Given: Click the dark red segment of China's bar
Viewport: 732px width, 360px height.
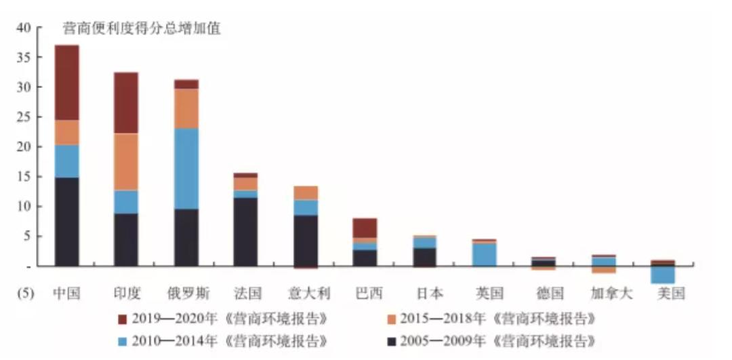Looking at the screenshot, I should (x=67, y=83).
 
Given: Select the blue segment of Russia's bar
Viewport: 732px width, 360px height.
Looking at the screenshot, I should (x=186, y=168).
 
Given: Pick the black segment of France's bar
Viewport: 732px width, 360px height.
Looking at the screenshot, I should (x=245, y=231).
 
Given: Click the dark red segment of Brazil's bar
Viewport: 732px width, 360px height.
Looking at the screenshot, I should (x=365, y=228).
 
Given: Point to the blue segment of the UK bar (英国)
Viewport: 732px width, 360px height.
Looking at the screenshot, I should (x=485, y=254).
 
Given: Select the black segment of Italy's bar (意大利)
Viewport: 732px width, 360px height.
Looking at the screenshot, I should (x=306, y=240).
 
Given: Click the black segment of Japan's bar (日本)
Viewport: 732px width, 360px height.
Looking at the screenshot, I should (x=425, y=256).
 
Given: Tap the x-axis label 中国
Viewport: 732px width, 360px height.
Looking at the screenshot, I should (x=66, y=294).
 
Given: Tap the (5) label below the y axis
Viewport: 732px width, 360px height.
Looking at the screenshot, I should (x=24, y=294).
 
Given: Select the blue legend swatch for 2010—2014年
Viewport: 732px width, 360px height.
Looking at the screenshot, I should (x=122, y=340).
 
